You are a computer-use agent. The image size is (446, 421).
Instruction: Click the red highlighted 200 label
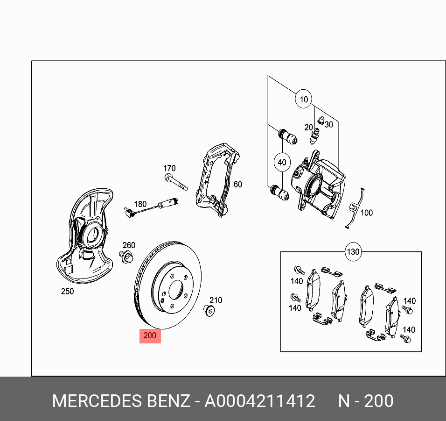coord(150,335)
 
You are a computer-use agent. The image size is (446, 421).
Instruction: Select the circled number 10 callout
coord(304,100)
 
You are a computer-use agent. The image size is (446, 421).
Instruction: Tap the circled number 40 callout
coord(281,163)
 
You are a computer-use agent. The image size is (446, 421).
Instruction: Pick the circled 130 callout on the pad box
coord(353,252)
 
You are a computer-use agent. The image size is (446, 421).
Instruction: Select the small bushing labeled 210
coord(209,310)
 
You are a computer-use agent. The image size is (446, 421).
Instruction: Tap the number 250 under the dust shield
coord(67,292)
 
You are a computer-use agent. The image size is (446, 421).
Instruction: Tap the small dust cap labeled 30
coord(321,121)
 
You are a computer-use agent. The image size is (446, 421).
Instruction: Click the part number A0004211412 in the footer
coord(260,401)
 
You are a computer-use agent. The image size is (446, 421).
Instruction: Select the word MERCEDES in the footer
coord(96,401)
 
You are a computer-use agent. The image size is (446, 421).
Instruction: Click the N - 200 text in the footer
coord(365,401)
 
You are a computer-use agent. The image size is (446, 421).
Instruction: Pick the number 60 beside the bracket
coord(238,185)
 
